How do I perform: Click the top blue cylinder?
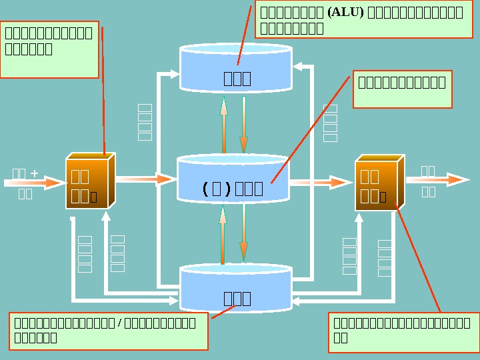(x=236, y=68)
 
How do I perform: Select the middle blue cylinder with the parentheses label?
(x=233, y=180)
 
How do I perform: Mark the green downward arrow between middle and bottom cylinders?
(x=244, y=233)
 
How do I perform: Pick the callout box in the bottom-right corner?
(x=403, y=331)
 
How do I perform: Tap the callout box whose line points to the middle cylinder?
(x=402, y=89)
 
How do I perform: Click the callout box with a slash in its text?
(x=109, y=331)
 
